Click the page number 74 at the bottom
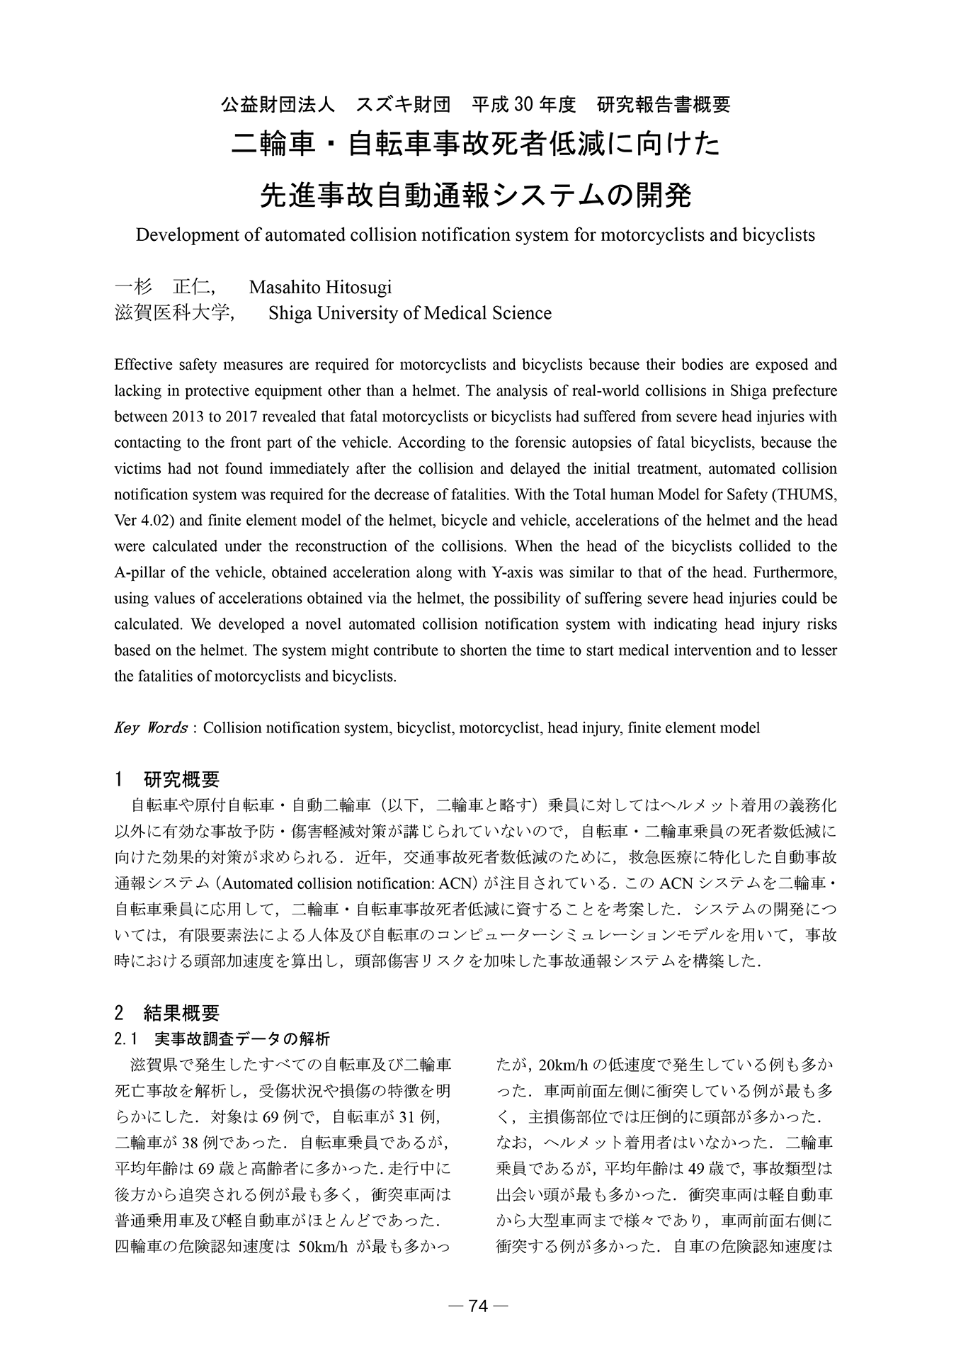coord(479,1306)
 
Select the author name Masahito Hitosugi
coord(320,288)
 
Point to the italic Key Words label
coord(150,728)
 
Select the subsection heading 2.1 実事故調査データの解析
coord(222,1040)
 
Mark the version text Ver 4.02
coord(140,521)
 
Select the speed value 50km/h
coord(322,1247)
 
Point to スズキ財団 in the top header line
coord(403,105)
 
